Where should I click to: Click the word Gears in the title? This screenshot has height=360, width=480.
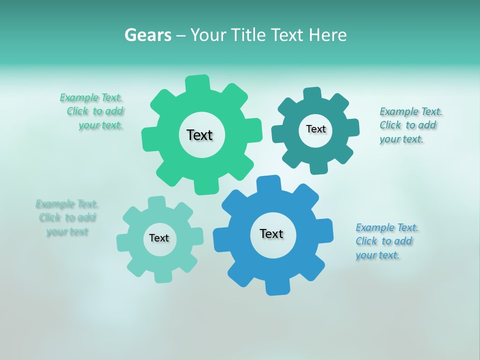point(147,35)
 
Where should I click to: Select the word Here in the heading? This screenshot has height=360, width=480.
point(327,35)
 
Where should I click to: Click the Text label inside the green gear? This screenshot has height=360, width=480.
point(199,135)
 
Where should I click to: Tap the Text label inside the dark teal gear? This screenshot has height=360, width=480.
point(315,129)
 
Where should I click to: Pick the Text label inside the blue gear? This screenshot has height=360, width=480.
point(271,233)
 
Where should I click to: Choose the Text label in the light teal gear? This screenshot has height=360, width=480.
point(159,238)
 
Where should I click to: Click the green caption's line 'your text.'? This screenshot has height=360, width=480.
point(100,125)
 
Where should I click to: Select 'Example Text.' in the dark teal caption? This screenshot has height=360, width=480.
point(411,111)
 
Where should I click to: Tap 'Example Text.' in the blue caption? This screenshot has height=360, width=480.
point(387,227)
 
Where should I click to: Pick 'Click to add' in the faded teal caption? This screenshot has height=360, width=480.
point(67,217)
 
